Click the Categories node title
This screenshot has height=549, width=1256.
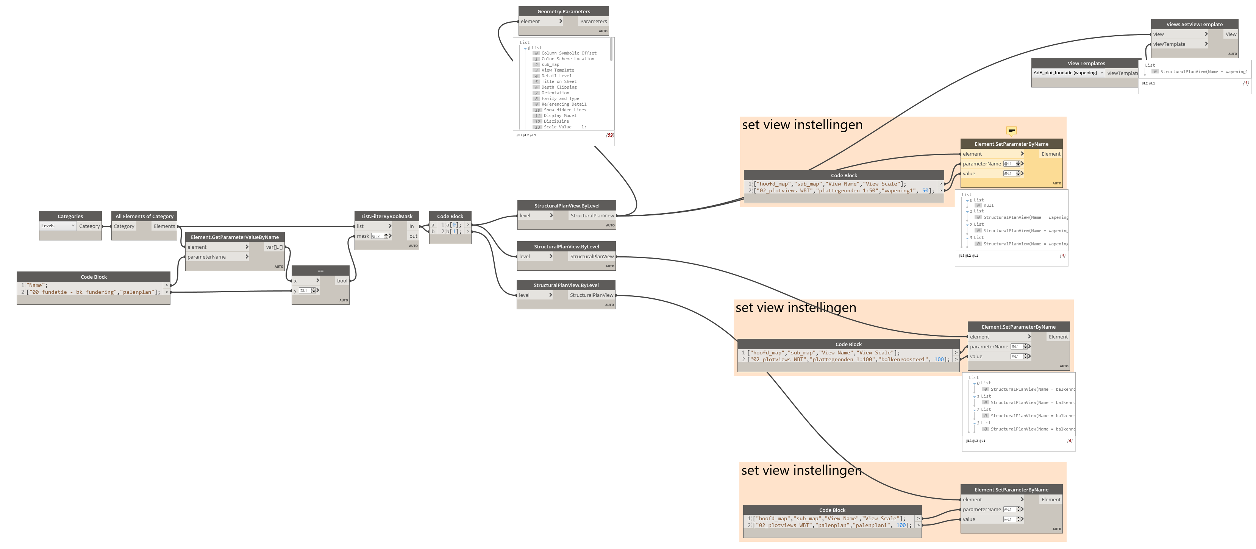[70, 216]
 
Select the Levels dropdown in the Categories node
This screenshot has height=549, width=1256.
[58, 226]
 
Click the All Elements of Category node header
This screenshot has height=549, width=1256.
[144, 216]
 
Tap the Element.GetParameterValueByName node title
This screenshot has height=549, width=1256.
[234, 237]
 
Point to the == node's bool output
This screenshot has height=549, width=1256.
[342, 280]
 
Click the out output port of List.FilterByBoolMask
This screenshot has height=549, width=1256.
[413, 236]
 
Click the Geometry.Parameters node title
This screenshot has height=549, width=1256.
[564, 11]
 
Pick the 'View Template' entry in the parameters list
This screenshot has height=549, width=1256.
[558, 70]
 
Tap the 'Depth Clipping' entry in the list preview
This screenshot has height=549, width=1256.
[559, 87]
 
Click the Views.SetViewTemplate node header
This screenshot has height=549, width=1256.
[1194, 24]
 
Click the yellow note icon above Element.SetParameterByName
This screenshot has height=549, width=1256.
[1011, 130]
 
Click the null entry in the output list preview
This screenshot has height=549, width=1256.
[988, 205]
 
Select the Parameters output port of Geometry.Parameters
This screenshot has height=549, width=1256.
[594, 22]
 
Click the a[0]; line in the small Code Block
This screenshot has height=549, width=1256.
[453, 225]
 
